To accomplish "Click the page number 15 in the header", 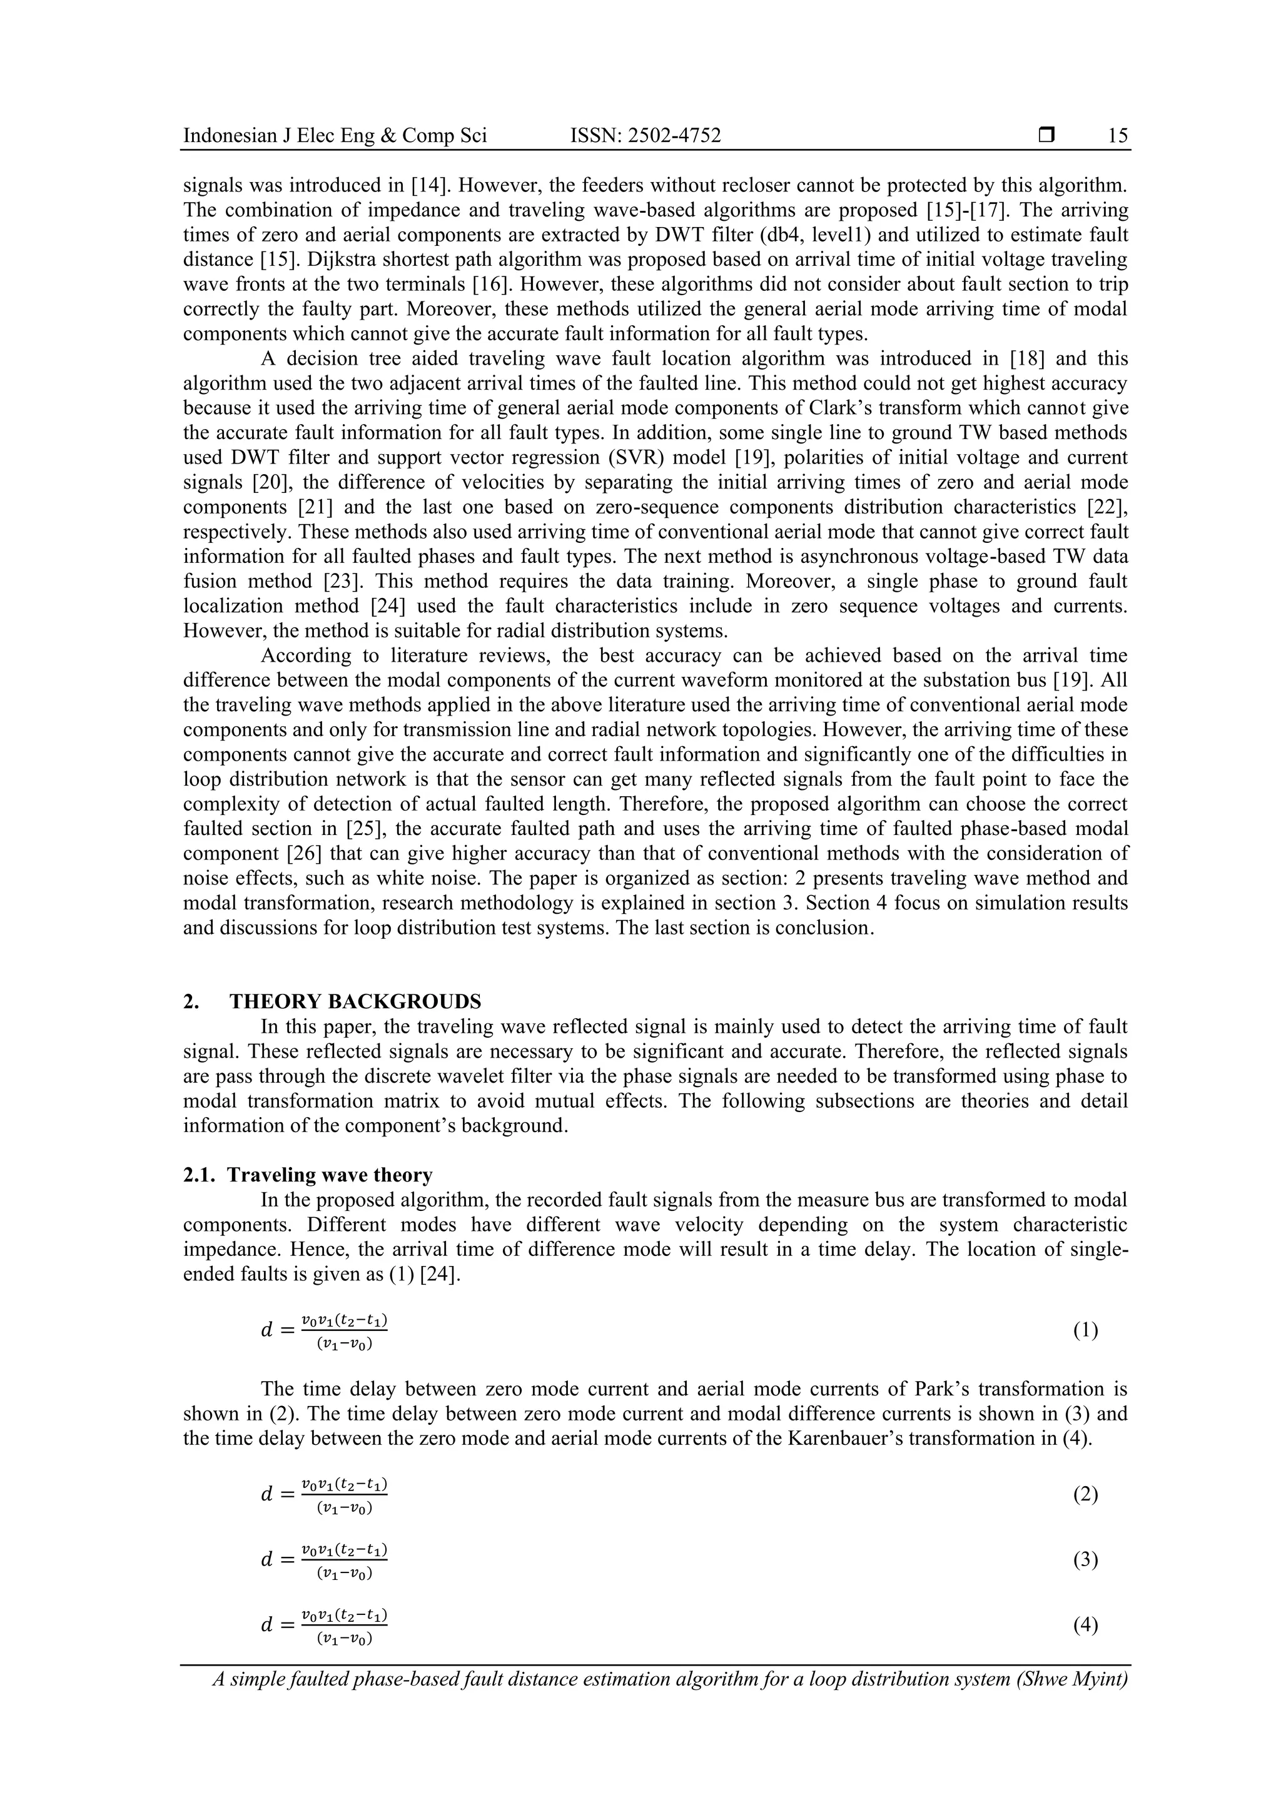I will (1118, 136).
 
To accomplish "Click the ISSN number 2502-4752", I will (645, 136).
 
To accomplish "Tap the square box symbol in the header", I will (1046, 136).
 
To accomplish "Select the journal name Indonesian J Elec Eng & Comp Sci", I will (335, 136).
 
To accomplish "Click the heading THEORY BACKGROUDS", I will (355, 1001).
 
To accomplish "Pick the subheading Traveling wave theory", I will (329, 1175).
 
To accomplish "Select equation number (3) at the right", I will (1085, 1559).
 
